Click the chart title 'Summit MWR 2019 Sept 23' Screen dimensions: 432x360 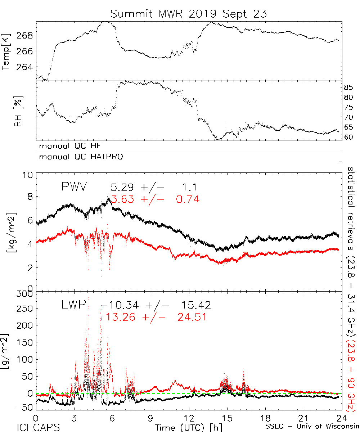[x=189, y=14]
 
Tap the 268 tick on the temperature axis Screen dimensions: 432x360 [x=24, y=36]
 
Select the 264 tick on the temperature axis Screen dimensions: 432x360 [x=24, y=67]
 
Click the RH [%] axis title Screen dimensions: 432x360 [x=17, y=112]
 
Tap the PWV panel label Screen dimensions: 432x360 [x=74, y=187]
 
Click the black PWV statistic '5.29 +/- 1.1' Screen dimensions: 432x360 [x=153, y=187]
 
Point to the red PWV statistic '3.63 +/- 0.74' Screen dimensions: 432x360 [x=156, y=199]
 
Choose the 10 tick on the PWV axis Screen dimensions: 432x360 [x=28, y=175]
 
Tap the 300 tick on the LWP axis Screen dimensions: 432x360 [x=26, y=294]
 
